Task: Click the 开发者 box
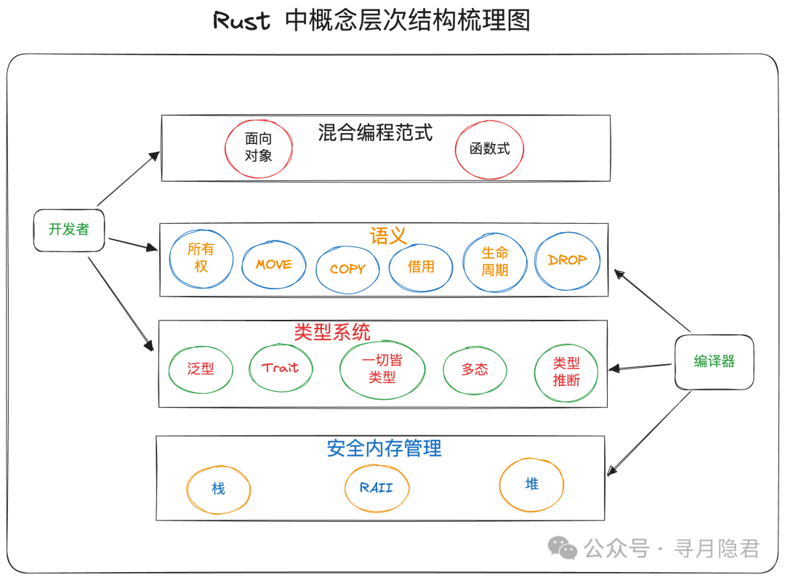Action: tap(69, 230)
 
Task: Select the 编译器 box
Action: tap(714, 361)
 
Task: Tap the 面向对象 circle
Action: tap(258, 147)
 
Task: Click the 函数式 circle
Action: tap(489, 149)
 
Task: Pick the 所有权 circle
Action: tap(201, 258)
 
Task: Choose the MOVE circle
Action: tap(274, 265)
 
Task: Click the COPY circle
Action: tap(347, 269)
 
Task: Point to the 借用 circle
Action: tap(421, 267)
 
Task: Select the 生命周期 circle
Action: tap(495, 262)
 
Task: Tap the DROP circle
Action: tap(568, 260)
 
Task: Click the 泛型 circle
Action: tap(201, 368)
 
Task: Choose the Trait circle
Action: tap(281, 368)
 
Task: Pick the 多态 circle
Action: tap(475, 369)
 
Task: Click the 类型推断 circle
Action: tap(566, 371)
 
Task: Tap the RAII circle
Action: tap(377, 488)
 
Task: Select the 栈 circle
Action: tap(218, 488)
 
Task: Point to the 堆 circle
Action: tap(531, 484)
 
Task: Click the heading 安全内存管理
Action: tap(384, 448)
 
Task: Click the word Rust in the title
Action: tap(241, 20)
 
